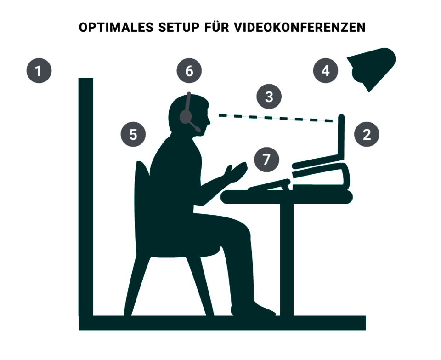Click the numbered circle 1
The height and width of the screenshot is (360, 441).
pos(39,71)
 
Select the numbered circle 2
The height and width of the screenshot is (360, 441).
pos(367,134)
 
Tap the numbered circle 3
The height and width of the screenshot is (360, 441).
pos(269,97)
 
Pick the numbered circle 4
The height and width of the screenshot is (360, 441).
pos(325,70)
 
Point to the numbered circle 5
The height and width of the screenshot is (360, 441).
pos(133,134)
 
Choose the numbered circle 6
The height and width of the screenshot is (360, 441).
pos(189,71)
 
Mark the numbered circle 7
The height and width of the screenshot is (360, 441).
pos(266,160)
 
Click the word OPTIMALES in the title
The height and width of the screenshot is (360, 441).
pos(116,27)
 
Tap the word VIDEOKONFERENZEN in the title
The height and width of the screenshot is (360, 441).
pos(300,27)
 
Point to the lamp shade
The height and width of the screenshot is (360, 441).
pos(371,69)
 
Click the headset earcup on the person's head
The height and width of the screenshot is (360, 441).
pos(186,116)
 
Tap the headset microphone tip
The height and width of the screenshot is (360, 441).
pos(198,129)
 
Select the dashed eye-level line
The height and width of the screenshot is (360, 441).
pos(276,118)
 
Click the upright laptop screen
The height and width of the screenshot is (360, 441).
pos(341,137)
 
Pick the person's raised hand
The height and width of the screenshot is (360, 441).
pos(236,171)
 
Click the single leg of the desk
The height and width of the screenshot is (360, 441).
pos(287,259)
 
